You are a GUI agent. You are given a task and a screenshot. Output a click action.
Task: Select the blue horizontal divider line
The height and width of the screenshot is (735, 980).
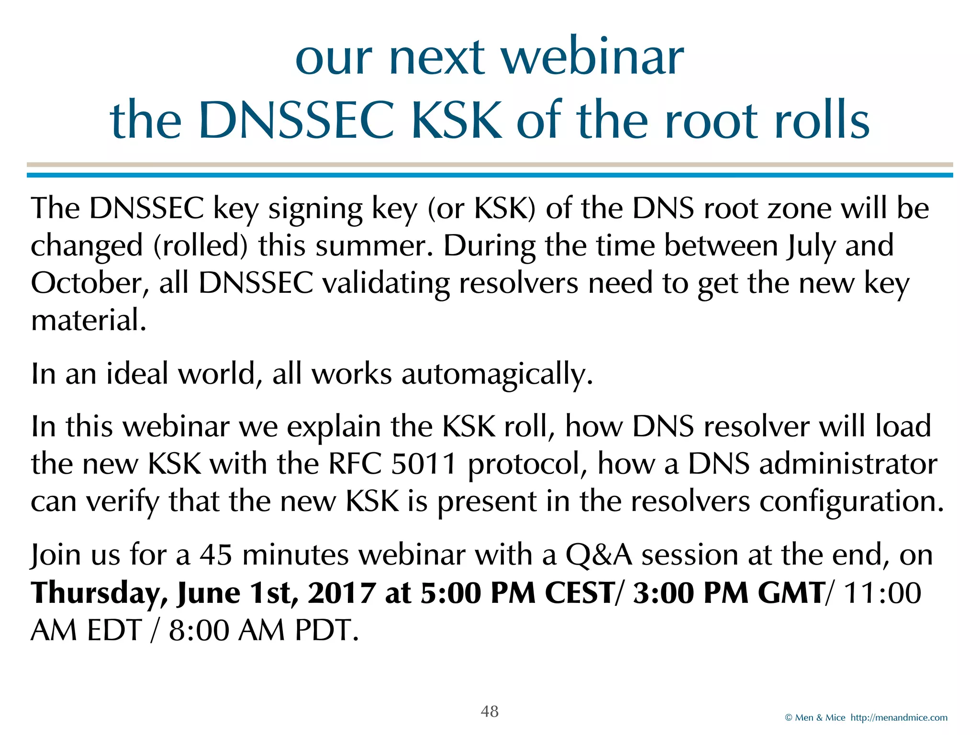click(490, 176)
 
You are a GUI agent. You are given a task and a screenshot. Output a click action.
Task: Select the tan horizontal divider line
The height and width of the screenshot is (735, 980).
click(490, 165)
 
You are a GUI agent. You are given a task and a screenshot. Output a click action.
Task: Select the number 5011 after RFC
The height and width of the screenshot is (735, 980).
click(423, 464)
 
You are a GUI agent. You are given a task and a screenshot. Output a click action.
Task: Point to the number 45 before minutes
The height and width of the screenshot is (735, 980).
click(216, 555)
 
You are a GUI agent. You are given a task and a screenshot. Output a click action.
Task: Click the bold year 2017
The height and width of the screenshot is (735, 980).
click(340, 593)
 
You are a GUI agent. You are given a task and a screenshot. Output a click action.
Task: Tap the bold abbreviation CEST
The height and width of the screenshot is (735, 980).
click(579, 593)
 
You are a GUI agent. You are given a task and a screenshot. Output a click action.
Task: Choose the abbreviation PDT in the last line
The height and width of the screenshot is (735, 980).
click(326, 630)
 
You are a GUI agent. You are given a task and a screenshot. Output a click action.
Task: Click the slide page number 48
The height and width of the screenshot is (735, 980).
click(490, 711)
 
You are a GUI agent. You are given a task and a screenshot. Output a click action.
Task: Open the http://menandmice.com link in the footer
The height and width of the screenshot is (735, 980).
click(899, 718)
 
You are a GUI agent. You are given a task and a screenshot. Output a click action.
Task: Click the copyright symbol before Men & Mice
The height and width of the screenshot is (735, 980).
click(789, 718)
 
